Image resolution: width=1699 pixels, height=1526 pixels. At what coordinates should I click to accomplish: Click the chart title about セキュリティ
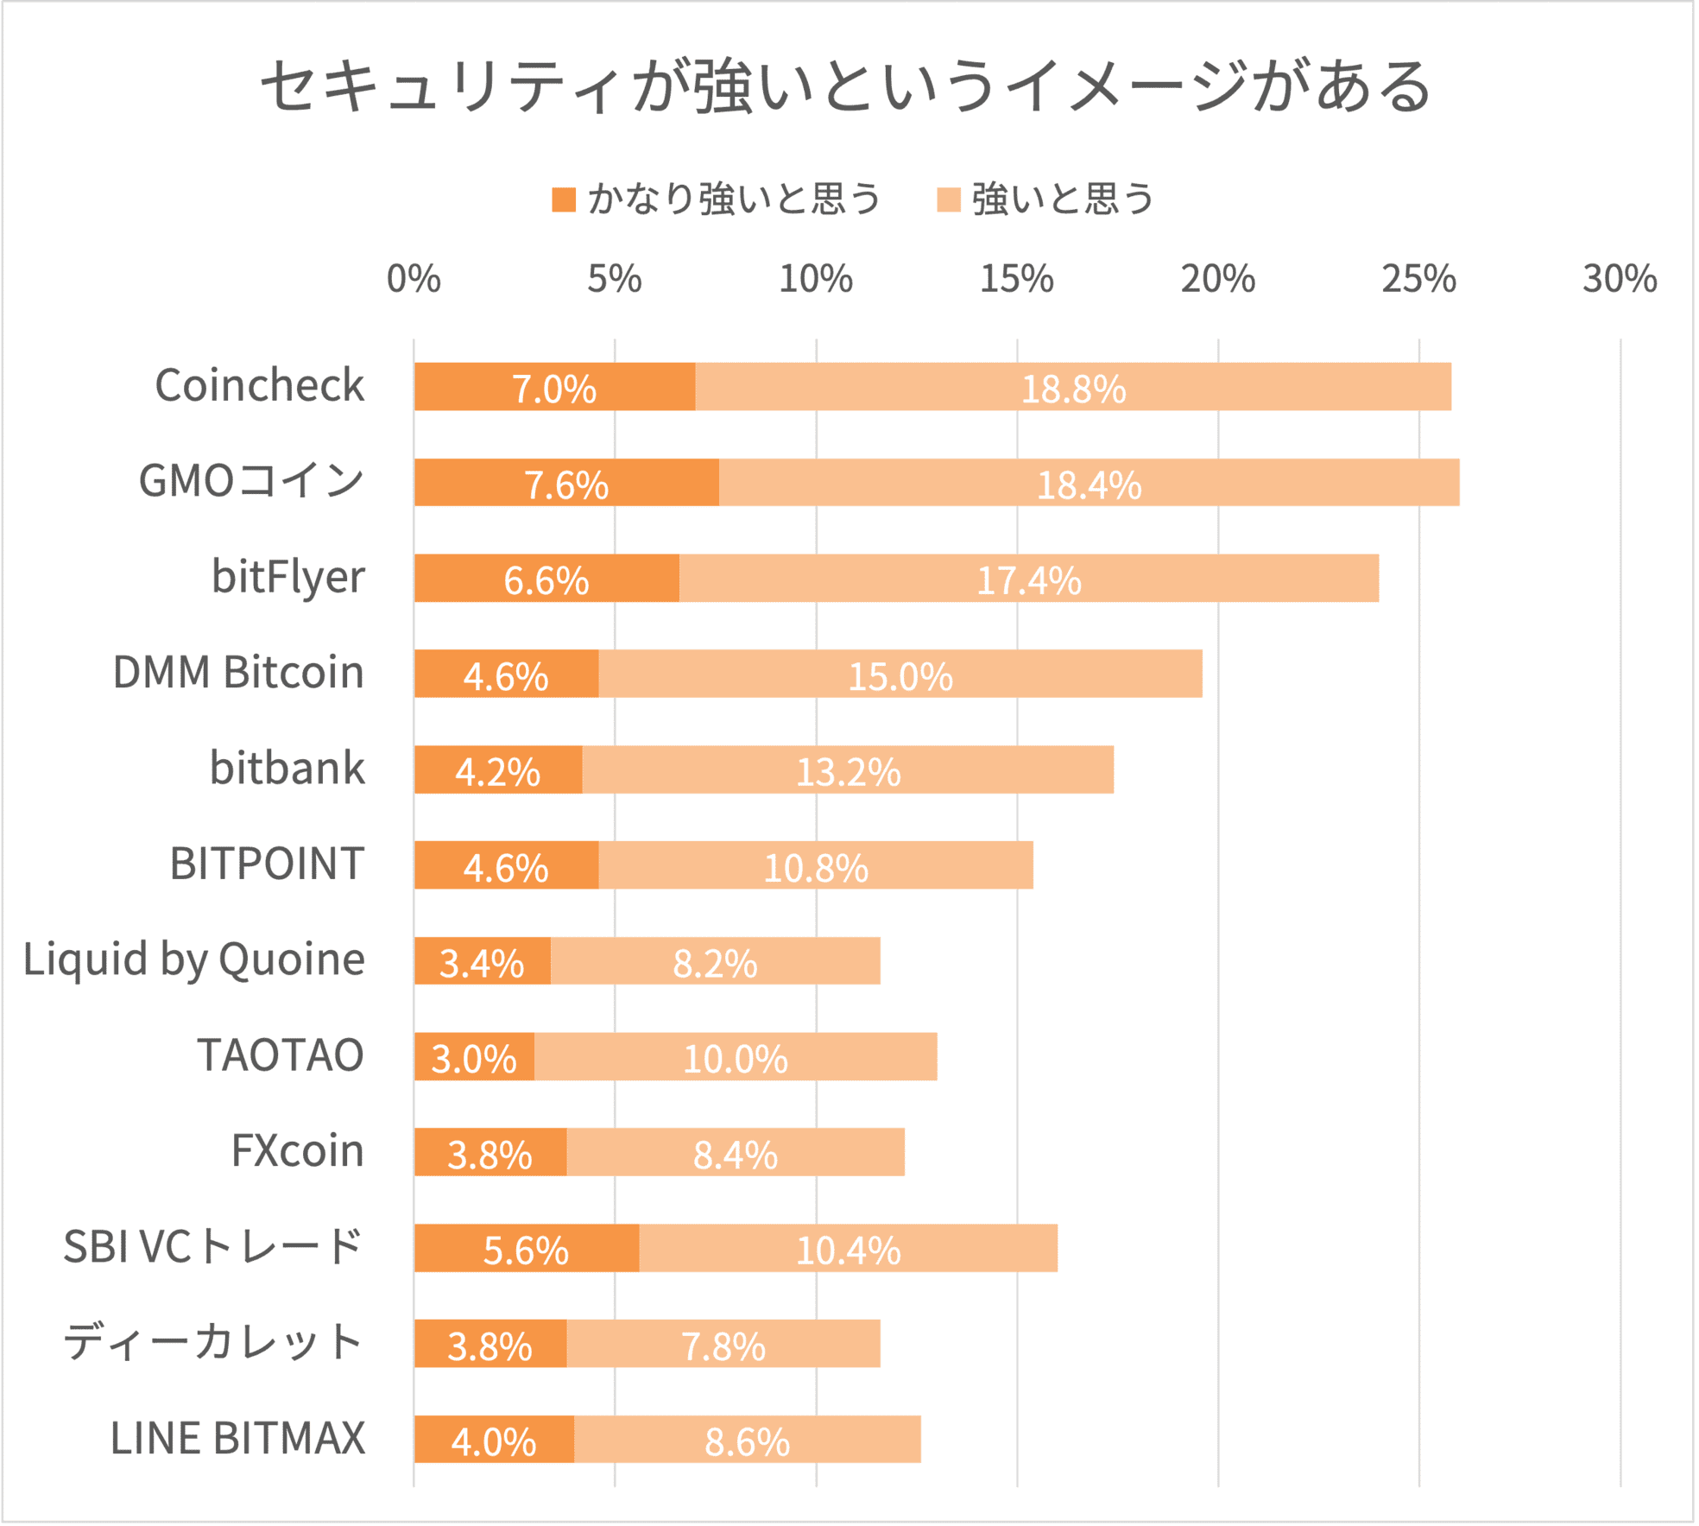pos(846,86)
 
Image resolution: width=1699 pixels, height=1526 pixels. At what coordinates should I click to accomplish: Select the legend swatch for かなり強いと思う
pos(564,199)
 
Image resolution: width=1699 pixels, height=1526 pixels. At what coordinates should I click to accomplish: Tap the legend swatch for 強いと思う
pos(949,199)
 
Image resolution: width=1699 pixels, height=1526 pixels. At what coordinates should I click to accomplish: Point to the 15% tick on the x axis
pos(1016,279)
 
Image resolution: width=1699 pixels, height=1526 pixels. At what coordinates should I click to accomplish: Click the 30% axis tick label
pos(1619,279)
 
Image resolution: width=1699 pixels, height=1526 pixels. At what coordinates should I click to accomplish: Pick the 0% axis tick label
pos(414,279)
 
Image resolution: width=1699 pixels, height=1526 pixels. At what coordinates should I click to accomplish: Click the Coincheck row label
pos(259,385)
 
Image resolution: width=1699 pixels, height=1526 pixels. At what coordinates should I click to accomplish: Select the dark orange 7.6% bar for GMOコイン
pos(566,483)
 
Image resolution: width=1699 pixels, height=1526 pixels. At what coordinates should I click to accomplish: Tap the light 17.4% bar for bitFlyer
pos(1028,579)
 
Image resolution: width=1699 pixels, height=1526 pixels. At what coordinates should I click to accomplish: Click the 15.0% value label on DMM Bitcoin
pos(900,676)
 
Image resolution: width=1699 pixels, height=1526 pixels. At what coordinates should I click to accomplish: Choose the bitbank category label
pos(287,768)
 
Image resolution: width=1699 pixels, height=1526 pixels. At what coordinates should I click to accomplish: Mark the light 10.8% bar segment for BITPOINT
pos(815,865)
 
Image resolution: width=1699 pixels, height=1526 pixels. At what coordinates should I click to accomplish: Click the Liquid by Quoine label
pos(194,959)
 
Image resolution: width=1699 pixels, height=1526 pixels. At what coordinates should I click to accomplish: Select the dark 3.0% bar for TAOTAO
pos(474,1057)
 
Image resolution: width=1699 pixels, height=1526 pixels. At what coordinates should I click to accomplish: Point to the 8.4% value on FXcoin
pos(736,1155)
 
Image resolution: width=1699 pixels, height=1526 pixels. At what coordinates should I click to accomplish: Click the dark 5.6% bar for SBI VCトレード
pos(526,1249)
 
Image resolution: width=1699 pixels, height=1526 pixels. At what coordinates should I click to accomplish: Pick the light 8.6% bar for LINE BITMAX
pos(747,1441)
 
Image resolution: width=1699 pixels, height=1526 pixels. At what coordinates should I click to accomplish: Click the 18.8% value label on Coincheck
pos(1073,389)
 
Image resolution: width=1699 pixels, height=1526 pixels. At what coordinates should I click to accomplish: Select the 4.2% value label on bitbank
pos(497,772)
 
